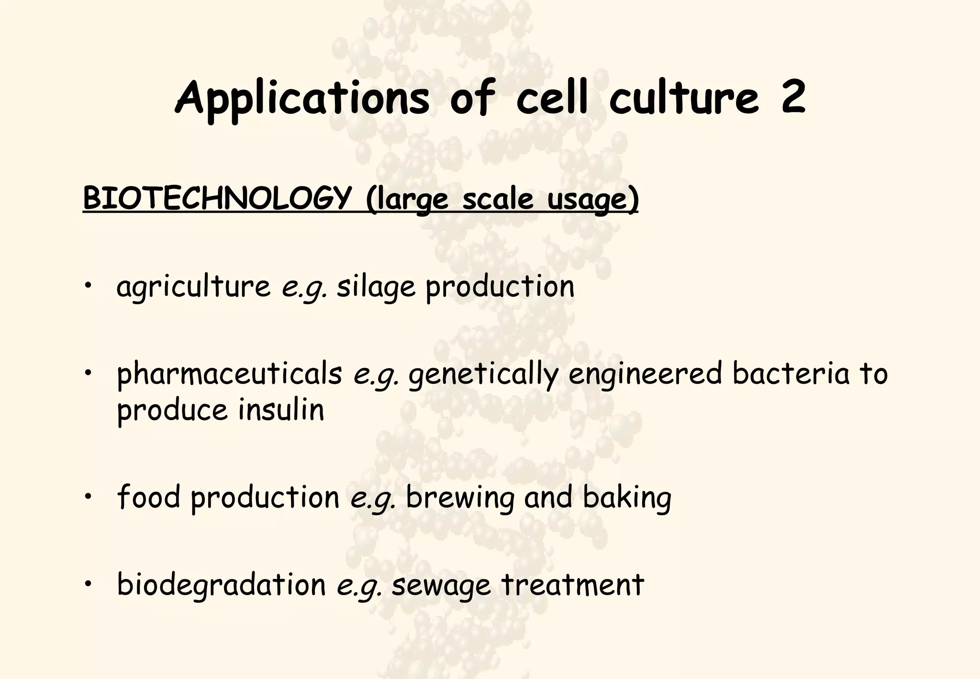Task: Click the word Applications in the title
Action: (x=301, y=98)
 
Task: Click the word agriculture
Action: (x=193, y=287)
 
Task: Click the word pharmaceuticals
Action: (x=230, y=374)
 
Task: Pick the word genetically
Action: (x=483, y=374)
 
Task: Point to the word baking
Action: (x=627, y=498)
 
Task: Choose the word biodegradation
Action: (x=221, y=585)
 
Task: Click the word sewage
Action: (x=441, y=586)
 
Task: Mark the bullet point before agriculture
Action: (x=87, y=287)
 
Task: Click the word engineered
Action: (x=645, y=374)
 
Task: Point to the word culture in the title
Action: (x=684, y=98)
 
